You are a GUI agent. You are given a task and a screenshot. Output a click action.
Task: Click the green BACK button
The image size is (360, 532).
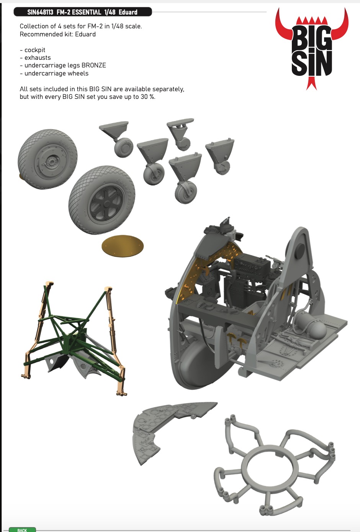coord(22,529)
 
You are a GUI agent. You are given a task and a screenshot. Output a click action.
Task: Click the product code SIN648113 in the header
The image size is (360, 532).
coord(40,12)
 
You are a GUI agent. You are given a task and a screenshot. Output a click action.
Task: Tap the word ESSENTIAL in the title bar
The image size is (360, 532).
coord(87,12)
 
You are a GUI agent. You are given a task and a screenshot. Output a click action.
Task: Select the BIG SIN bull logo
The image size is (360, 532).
coord(311,49)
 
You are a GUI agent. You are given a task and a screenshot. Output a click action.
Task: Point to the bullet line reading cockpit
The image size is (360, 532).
coord(33,50)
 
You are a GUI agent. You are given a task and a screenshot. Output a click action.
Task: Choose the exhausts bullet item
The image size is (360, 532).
coord(35,57)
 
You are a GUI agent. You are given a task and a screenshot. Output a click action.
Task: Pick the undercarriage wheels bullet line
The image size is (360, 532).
coord(54,73)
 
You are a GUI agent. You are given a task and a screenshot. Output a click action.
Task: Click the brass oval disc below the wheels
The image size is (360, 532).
coord(123,246)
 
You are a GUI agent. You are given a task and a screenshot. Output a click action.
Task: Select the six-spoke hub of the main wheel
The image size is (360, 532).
coord(106,204)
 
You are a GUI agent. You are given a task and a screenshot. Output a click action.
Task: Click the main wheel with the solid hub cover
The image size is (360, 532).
coord(48,159)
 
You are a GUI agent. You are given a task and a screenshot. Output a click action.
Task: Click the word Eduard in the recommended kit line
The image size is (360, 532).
coord(85,34)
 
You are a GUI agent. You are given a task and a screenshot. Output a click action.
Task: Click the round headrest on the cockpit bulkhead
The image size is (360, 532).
coord(300,251)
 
